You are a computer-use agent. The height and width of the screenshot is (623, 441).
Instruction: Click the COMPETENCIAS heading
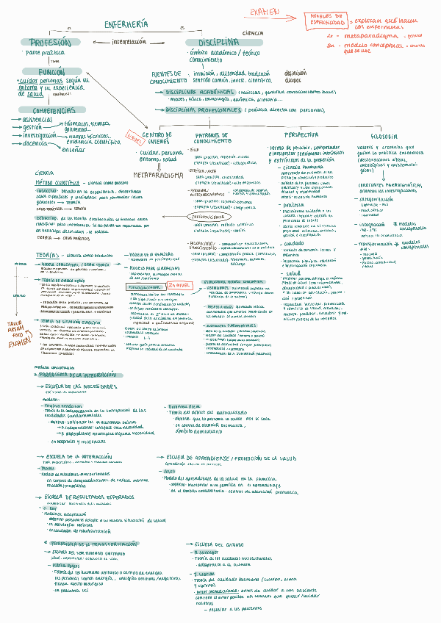click(x=49, y=110)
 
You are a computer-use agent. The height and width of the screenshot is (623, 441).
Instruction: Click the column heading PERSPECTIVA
click(x=302, y=135)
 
